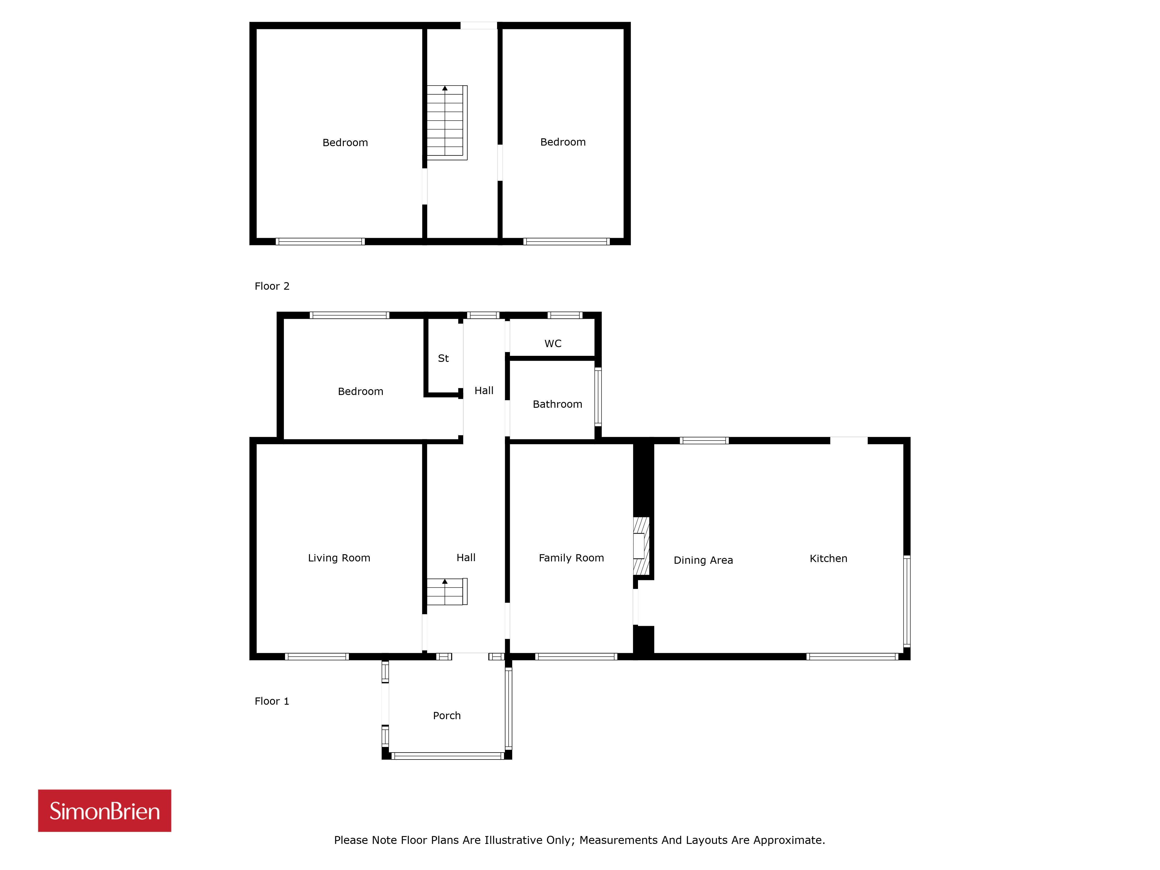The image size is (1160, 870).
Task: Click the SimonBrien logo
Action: tap(104, 811)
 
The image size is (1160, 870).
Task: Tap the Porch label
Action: tap(447, 716)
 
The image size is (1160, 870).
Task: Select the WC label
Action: tap(553, 343)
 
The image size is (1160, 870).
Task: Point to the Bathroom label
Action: tap(557, 404)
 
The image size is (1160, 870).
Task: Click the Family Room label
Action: tap(571, 558)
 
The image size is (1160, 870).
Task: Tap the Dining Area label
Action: tap(703, 560)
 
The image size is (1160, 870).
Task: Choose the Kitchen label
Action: tap(829, 559)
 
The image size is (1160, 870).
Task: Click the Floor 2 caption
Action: tap(272, 286)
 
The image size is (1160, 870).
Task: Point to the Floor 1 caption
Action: tap(272, 701)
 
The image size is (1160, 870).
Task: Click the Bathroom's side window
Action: tap(598, 396)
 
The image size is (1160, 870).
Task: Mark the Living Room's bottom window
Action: tap(317, 657)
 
